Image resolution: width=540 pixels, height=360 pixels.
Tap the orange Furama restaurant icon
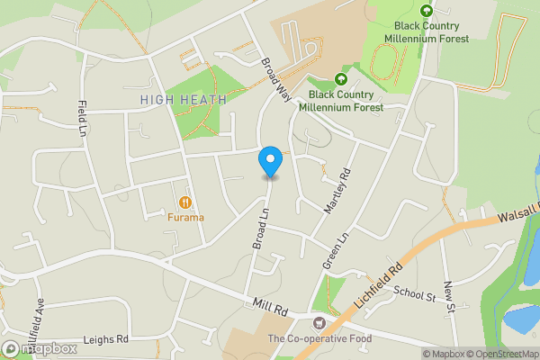(x=185, y=202)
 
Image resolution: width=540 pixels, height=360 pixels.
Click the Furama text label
(x=185, y=217)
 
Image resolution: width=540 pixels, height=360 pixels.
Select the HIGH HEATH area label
(x=184, y=98)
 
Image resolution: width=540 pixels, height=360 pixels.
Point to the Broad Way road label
(x=276, y=82)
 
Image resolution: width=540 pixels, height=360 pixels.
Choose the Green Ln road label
(x=333, y=253)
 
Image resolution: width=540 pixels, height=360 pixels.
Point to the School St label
(x=414, y=293)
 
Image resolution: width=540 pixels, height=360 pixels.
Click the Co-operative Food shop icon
(x=317, y=323)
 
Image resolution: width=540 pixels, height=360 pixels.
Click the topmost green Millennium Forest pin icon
(x=427, y=11)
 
